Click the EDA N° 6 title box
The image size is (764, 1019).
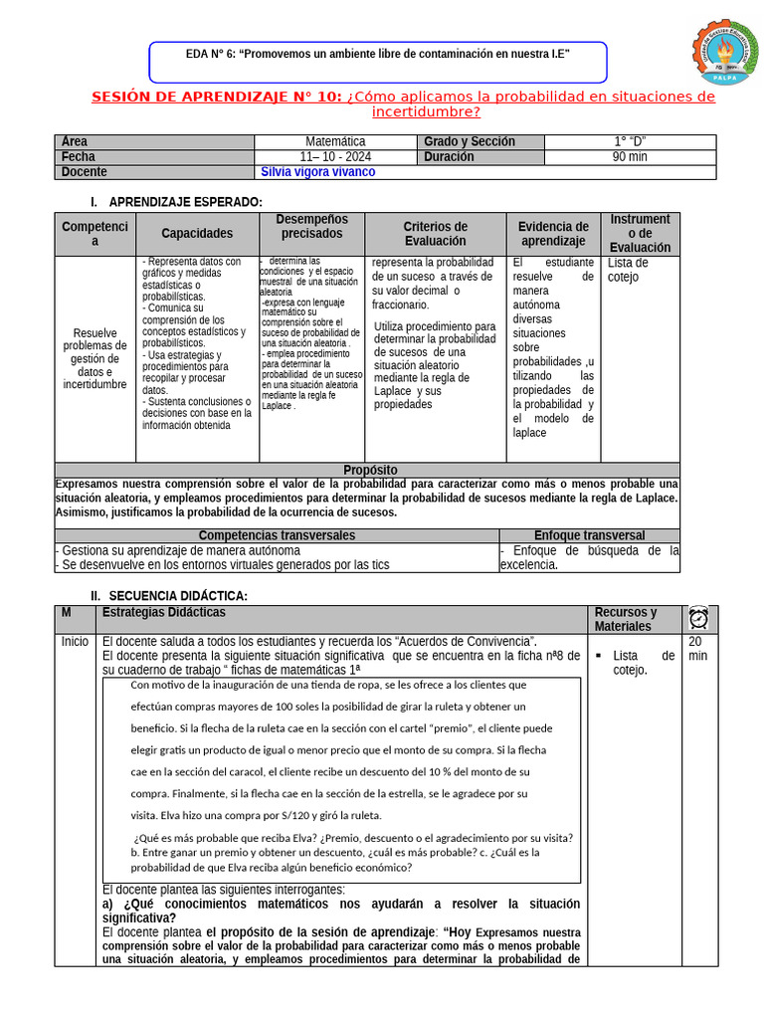(377, 61)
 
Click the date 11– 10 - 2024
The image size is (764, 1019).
(335, 157)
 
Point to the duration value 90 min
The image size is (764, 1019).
(630, 157)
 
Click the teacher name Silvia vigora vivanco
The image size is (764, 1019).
(318, 172)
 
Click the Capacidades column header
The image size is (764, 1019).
(197, 234)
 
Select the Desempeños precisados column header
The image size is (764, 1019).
(311, 227)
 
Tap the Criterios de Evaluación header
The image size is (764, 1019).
(435, 234)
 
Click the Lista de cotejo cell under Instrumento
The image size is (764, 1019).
(628, 270)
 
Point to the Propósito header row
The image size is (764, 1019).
(369, 470)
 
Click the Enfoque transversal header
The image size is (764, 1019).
(589, 535)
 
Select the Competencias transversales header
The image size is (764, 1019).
(276, 535)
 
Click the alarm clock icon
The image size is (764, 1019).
(698, 618)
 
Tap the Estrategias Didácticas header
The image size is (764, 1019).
(164, 613)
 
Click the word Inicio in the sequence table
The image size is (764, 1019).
(75, 642)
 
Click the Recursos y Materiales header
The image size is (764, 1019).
(626, 619)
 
